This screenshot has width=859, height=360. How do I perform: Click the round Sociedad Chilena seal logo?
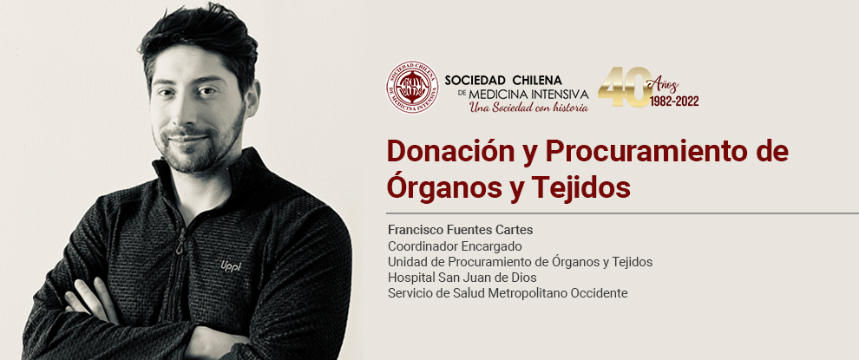(412, 87)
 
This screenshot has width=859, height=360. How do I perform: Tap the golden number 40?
(625, 87)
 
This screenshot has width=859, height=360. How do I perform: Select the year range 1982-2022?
(674, 101)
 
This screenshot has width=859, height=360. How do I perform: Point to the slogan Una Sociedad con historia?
(528, 108)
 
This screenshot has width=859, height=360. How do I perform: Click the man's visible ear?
(252, 101)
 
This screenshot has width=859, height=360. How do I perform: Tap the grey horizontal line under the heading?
(622, 213)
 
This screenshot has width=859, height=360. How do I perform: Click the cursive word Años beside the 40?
(664, 85)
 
